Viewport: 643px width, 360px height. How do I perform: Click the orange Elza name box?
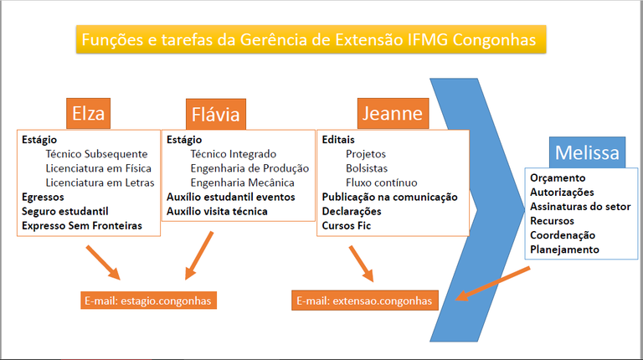(x=90, y=112)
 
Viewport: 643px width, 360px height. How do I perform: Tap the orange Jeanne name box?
(x=392, y=111)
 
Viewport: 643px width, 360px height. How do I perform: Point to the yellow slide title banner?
(x=311, y=39)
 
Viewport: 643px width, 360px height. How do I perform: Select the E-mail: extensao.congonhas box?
(x=365, y=301)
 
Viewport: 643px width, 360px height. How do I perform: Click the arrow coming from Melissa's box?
(x=493, y=282)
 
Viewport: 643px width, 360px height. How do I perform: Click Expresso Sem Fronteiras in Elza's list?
(x=82, y=225)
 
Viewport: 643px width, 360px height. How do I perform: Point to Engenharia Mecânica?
(x=242, y=183)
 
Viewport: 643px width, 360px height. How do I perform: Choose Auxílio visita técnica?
(x=217, y=211)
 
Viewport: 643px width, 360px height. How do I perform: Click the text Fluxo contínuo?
(x=381, y=183)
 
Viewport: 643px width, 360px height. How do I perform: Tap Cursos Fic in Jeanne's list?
(x=346, y=225)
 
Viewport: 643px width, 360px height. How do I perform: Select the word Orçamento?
(x=558, y=178)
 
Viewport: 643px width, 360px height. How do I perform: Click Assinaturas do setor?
(x=580, y=207)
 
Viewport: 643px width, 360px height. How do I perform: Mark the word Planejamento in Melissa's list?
(x=564, y=249)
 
